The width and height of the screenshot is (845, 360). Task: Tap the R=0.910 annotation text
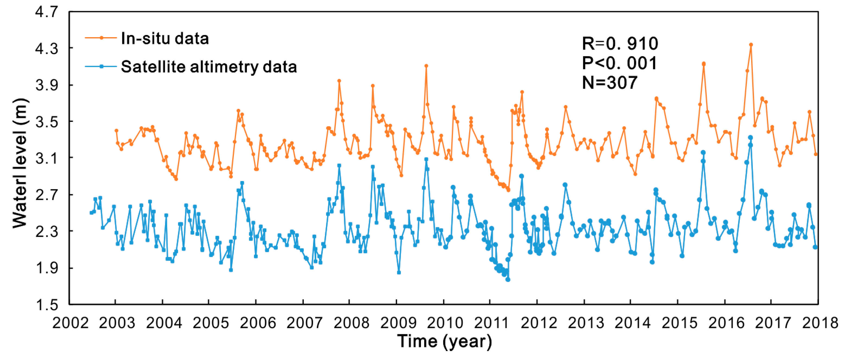620,44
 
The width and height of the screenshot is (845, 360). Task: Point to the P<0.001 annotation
619,63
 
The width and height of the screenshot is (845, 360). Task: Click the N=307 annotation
609,82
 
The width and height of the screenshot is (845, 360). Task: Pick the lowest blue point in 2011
508,280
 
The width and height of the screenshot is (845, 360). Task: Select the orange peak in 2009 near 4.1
426,66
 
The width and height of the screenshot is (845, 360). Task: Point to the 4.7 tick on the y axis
47,12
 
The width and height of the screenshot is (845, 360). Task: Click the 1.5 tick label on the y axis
47,305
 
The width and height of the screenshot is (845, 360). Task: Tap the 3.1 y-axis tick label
47,159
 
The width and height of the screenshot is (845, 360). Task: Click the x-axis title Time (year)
445,341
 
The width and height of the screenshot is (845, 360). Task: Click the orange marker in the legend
101,38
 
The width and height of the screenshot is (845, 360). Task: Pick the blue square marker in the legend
101,67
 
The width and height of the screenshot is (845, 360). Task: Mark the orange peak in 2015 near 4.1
703,64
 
